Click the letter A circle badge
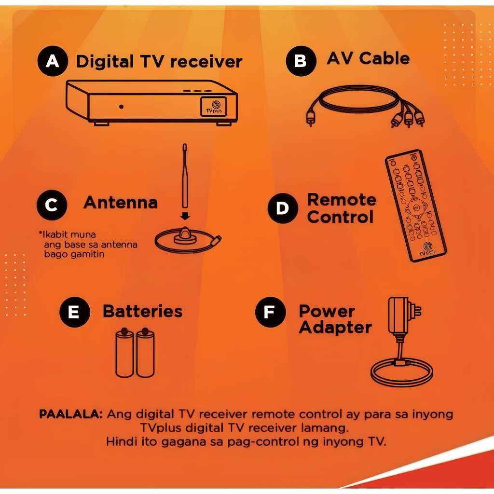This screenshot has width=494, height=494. click(x=53, y=61)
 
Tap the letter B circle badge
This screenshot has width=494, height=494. click(x=301, y=61)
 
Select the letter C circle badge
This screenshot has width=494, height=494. click(x=52, y=205)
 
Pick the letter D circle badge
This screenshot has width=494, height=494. click(x=283, y=208)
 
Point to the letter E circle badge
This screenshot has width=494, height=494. click(x=74, y=312)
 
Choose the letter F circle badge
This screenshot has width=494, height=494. click(x=270, y=312)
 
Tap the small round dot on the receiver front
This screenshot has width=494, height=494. click(x=121, y=106)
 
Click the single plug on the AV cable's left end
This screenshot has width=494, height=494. click(x=310, y=118)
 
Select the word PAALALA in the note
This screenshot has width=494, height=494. click(x=70, y=414)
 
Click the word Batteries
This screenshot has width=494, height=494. click(x=142, y=312)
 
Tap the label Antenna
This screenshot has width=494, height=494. click(x=121, y=203)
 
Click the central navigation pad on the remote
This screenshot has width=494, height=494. click(x=415, y=207)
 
